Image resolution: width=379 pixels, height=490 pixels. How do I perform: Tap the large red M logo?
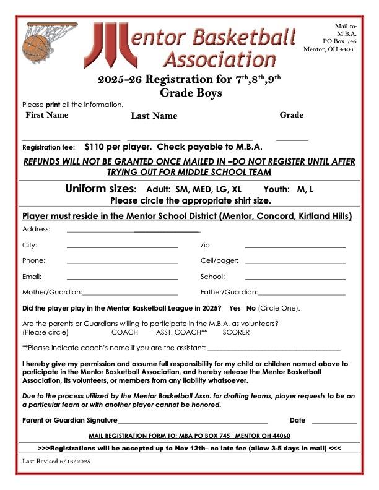click(x=106, y=46)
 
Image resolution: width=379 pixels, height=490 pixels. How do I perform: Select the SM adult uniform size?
click(x=182, y=189)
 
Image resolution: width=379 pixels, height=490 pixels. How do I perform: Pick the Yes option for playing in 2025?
click(x=235, y=307)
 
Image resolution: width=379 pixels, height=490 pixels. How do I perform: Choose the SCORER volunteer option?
click(x=236, y=332)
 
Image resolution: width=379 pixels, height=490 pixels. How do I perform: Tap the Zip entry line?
click(x=295, y=247)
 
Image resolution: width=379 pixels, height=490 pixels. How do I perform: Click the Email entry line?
click(x=122, y=279)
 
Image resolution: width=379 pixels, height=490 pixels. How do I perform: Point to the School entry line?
click(x=295, y=279)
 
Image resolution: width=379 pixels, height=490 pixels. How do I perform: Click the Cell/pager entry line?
click(x=295, y=264)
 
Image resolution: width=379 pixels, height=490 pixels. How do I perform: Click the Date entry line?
click(x=334, y=422)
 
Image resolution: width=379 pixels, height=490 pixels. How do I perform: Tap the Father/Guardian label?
click(x=229, y=292)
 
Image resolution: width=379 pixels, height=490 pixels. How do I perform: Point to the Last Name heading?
click(x=154, y=116)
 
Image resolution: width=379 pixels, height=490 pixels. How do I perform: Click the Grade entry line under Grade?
click(x=292, y=139)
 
